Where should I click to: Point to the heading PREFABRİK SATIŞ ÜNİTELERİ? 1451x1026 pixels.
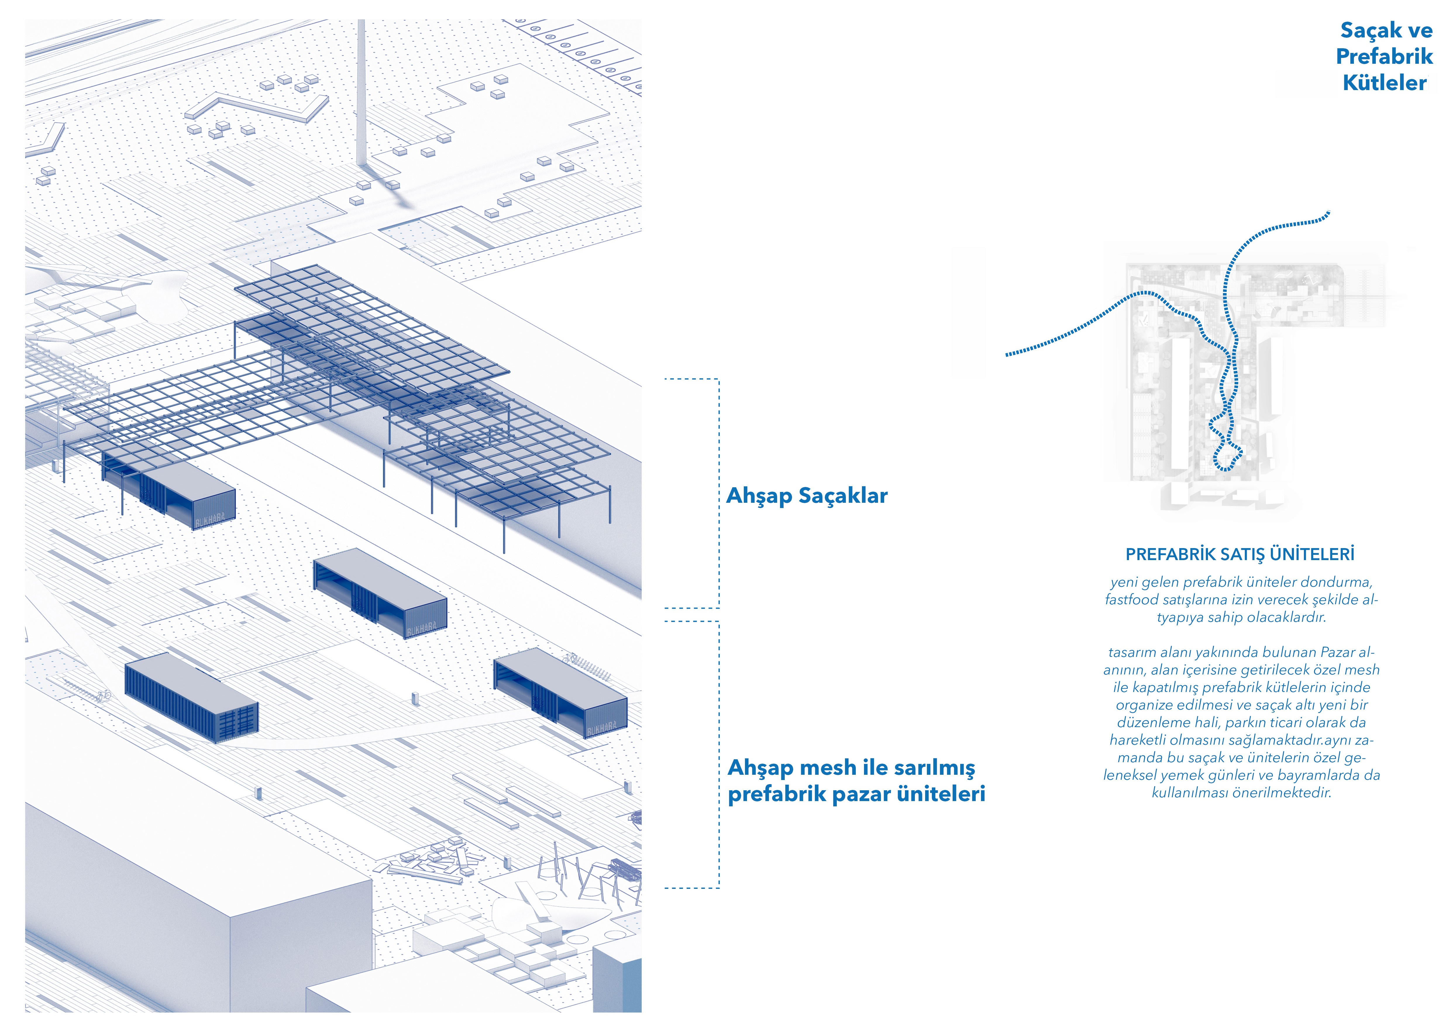1240,555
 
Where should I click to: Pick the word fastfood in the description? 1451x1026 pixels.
1131,600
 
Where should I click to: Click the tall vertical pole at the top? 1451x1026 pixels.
362,95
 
